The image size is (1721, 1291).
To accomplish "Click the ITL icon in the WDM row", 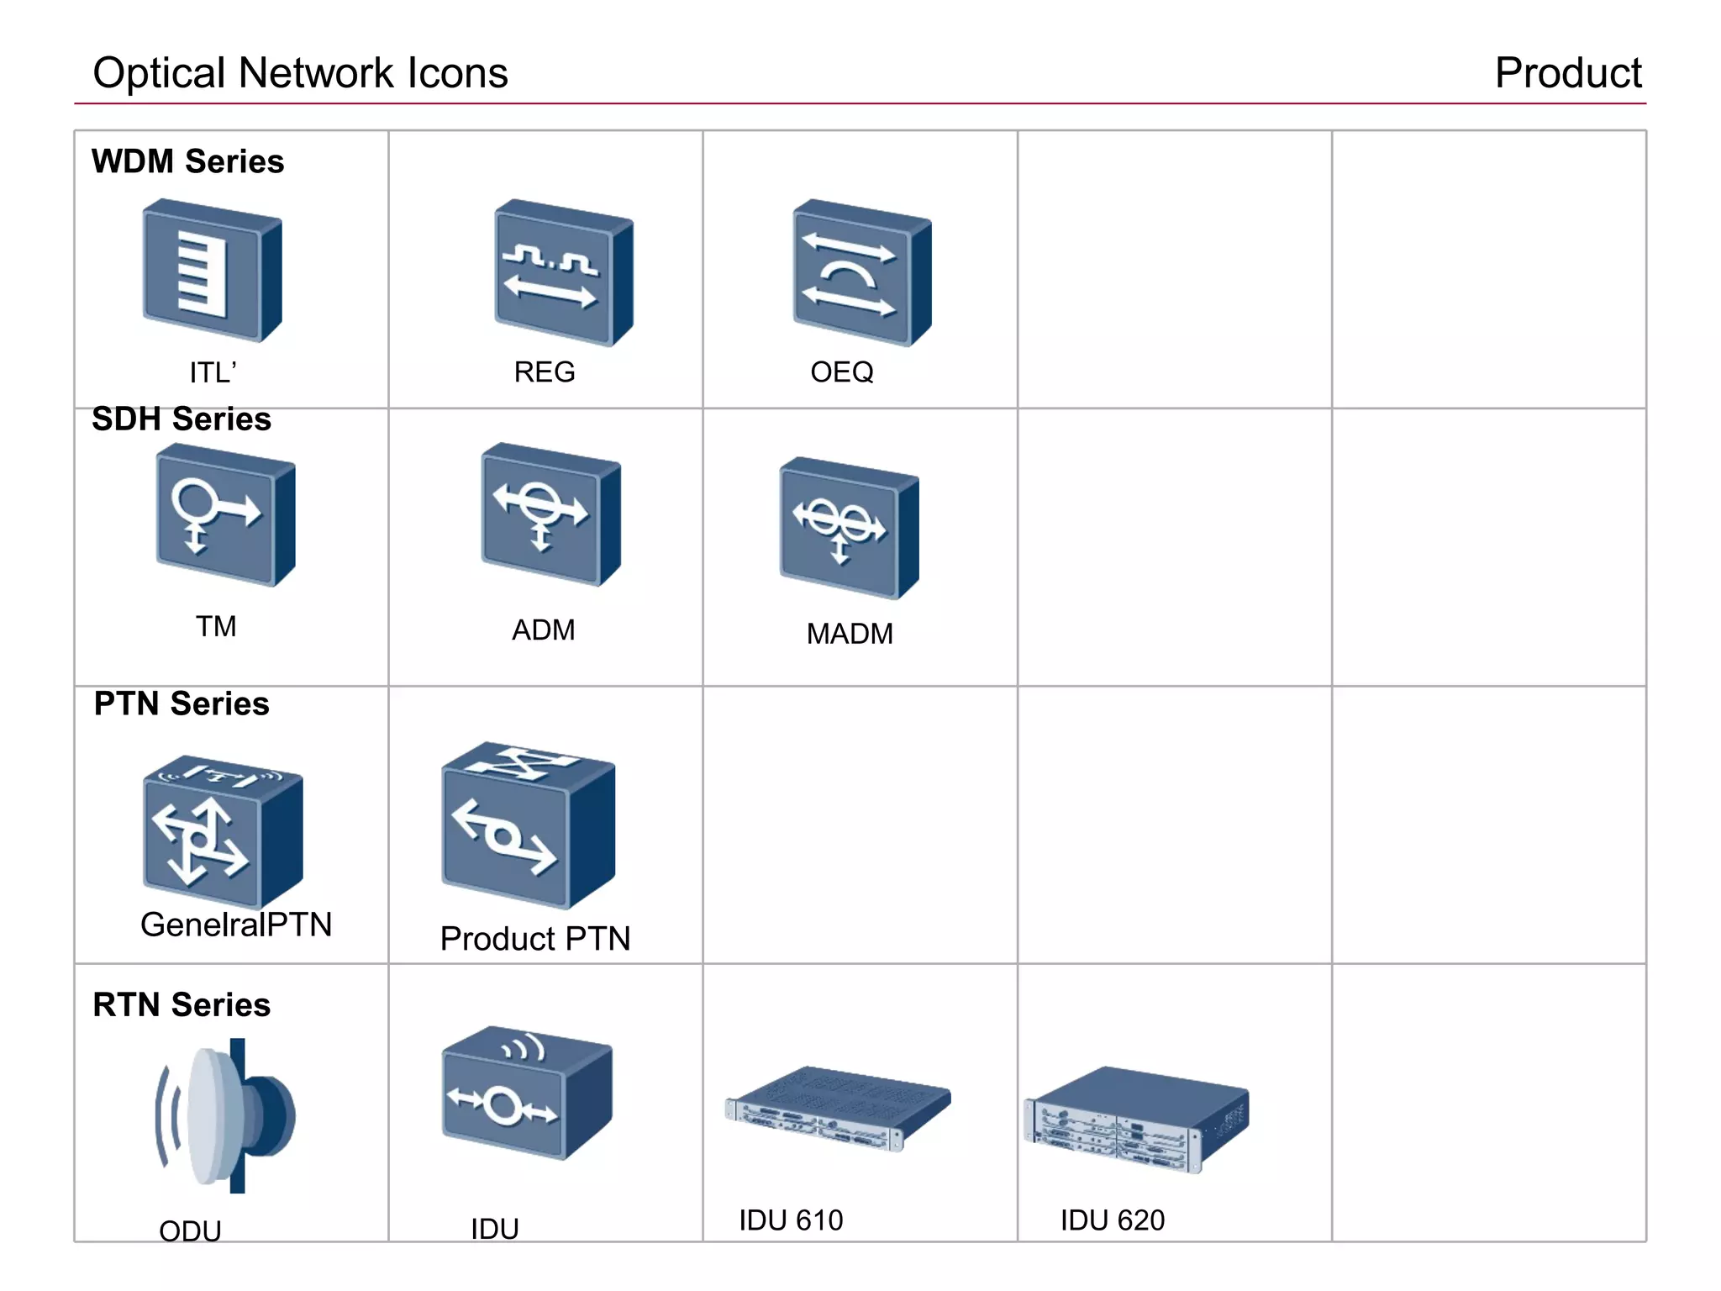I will pos(212,271).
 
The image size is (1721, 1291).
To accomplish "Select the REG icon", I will pos(563,272).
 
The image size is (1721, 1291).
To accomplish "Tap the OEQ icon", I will pos(861,272).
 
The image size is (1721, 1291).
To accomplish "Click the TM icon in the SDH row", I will pos(225,515).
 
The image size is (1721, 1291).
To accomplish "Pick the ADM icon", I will pos(550,514).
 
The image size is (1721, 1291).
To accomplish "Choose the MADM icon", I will pos(849,528).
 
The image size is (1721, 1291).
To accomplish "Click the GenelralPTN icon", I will pos(223,830).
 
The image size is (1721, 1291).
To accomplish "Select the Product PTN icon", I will pos(528,825).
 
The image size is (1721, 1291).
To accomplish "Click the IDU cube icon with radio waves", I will pos(527,1093).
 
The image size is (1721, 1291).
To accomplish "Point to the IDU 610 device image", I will pos(837,1108).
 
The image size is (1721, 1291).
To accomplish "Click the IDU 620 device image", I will pos(1136,1118).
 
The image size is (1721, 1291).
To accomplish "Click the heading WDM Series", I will pos(188,161).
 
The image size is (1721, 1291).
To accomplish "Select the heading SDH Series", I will pos(182,419).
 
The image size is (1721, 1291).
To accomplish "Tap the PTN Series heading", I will pos(182,703).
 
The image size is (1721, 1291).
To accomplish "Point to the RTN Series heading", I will pos(182,1004).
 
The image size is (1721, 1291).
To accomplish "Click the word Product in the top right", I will pos(1567,73).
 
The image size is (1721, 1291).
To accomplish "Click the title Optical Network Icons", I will pos(300,73).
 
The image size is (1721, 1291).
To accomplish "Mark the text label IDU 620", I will pos(1112,1220).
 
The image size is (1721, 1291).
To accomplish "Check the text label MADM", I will pos(850,634).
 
